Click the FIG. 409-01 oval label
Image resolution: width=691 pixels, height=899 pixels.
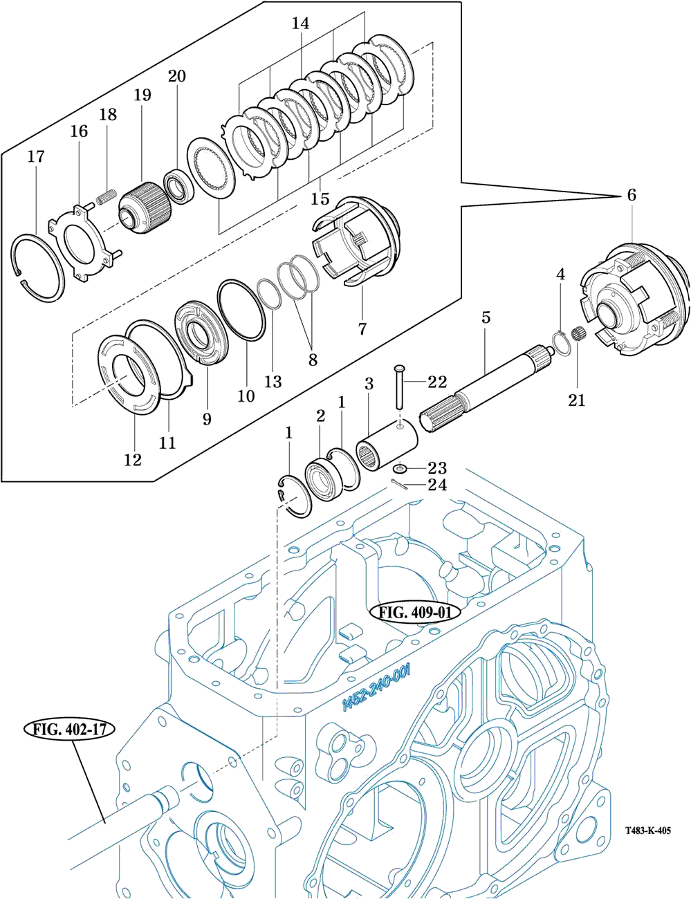(x=415, y=612)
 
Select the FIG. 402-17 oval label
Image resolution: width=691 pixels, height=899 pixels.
(x=69, y=730)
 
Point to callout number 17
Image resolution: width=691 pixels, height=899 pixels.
(x=36, y=156)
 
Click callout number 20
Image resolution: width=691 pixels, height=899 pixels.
(x=176, y=76)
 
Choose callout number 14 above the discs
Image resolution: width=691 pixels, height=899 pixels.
(x=300, y=24)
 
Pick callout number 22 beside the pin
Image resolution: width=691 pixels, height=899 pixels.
(x=437, y=382)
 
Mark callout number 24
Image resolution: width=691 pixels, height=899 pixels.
(x=437, y=485)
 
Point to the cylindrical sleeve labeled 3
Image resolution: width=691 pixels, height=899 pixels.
(x=386, y=445)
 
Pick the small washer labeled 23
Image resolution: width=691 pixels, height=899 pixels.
(x=400, y=469)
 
